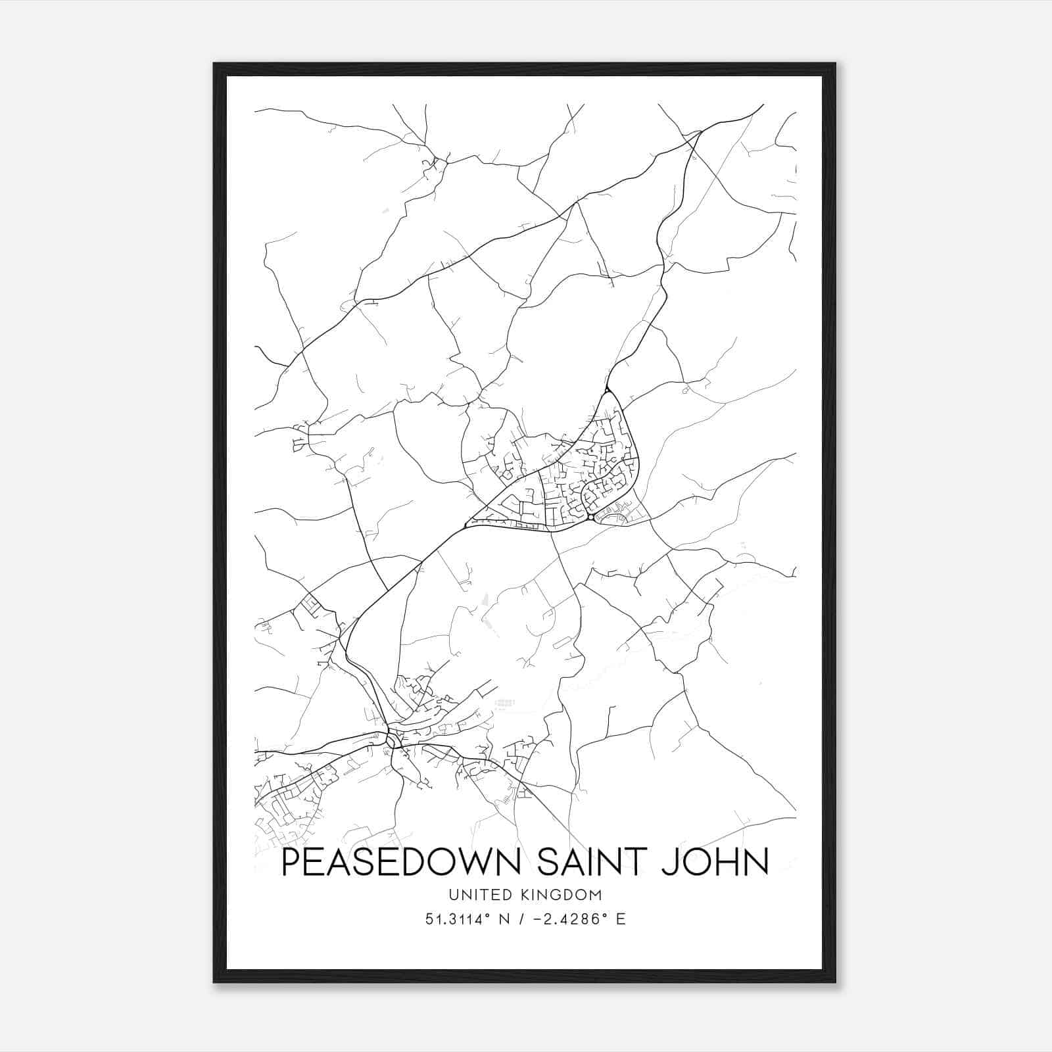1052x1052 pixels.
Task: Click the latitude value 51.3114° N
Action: coord(467,919)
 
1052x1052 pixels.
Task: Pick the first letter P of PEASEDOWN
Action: coord(290,863)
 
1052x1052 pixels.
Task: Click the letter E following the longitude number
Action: coord(621,919)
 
